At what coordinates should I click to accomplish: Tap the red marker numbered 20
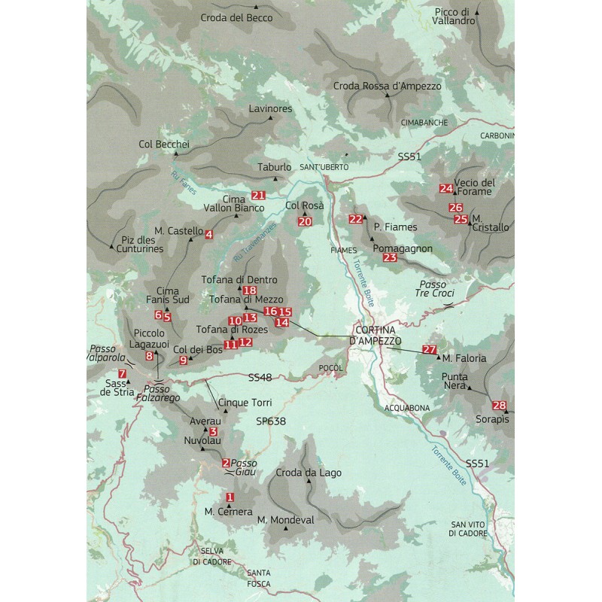click(305, 221)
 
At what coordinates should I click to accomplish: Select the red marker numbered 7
click(122, 373)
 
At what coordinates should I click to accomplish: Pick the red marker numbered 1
click(230, 497)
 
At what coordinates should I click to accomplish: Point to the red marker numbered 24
click(446, 188)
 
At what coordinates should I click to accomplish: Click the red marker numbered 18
click(251, 290)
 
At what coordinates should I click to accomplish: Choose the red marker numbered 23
click(390, 257)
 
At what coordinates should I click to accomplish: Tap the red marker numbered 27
click(430, 349)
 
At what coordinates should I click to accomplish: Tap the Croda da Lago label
click(309, 473)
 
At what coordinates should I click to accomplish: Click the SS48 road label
click(259, 375)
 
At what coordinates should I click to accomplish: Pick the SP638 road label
click(271, 421)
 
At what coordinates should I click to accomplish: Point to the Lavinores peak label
click(270, 109)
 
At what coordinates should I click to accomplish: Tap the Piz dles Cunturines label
click(142, 245)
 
